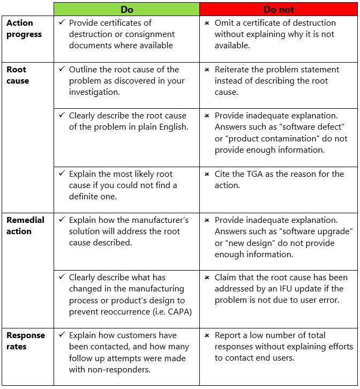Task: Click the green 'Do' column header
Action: click(126, 10)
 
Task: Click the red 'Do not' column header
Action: click(279, 10)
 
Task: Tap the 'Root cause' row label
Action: click(18, 75)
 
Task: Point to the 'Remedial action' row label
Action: click(25, 226)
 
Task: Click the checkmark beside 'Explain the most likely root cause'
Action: click(62, 174)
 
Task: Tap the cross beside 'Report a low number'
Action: click(207, 335)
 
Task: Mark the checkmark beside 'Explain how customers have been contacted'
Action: click(62, 335)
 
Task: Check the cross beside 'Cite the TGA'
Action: click(207, 174)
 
